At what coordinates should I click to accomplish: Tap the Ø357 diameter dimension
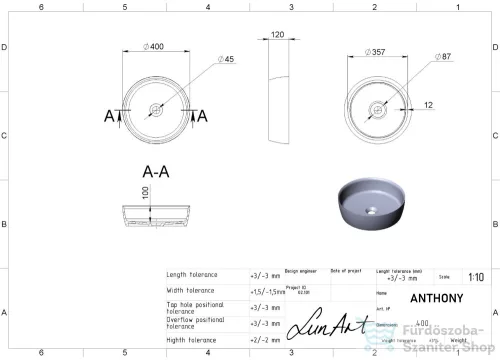373,50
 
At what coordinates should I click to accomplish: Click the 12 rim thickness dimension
427,104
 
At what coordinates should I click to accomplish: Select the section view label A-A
155,171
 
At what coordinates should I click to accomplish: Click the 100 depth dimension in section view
145,193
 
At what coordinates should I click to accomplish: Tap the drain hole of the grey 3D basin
371,211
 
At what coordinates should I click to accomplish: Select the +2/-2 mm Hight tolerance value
266,340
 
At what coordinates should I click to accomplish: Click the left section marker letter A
108,116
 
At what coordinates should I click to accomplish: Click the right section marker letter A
202,116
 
